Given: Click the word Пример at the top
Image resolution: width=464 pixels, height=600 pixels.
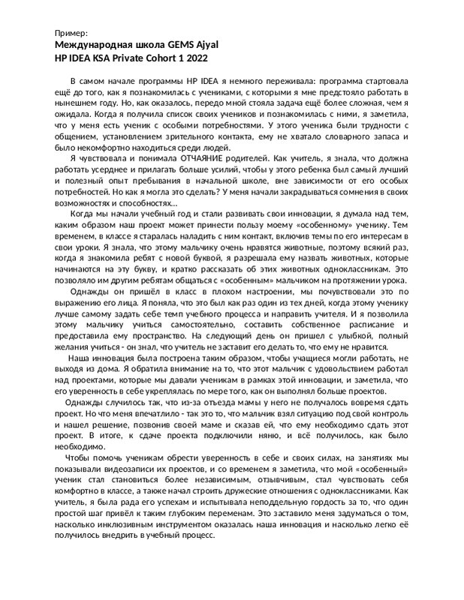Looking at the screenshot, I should coord(72,34).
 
